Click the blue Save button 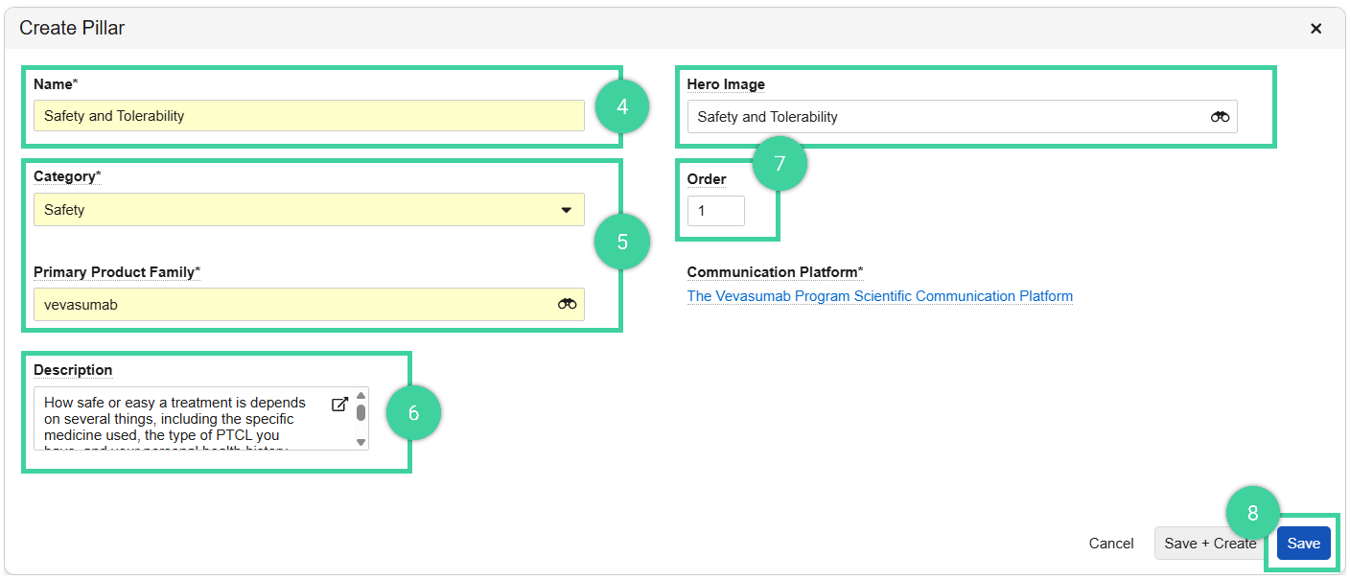pos(1303,544)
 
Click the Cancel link pos(1111,544)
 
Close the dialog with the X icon pos(1316,29)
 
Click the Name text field pos(309,116)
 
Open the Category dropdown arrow pos(566,210)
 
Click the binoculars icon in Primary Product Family pos(567,304)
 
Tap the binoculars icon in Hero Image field pos(1220,117)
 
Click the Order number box pos(715,211)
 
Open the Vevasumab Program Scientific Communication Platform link pos(879,296)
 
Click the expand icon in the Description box pos(339,405)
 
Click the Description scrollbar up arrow pos(361,395)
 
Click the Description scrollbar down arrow pos(361,442)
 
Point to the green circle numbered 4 pos(622,107)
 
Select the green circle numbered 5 pos(622,242)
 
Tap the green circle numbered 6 pos(413,413)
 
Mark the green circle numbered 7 pos(780,163)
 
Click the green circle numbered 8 pos(1252,514)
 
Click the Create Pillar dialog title pos(72,29)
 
